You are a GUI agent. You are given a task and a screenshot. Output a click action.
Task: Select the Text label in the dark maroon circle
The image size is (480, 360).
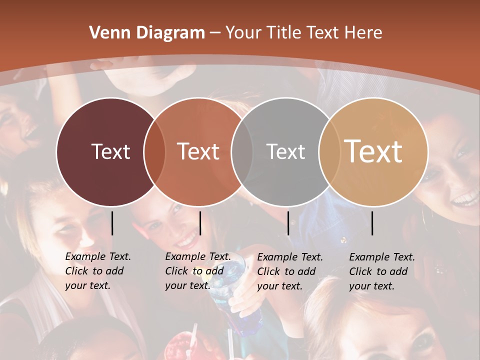[110, 151]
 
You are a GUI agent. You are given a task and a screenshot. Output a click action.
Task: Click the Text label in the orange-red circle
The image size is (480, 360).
[198, 151]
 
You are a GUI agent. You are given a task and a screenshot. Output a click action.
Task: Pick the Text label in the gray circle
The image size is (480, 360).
[285, 151]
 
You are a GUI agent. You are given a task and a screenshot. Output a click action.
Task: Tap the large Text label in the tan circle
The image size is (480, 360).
[373, 151]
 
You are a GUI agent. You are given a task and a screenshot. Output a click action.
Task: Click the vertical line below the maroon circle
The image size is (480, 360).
[112, 223]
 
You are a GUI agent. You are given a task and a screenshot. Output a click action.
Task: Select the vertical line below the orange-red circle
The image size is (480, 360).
[200, 223]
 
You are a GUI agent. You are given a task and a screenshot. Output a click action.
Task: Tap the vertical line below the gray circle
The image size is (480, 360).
[288, 223]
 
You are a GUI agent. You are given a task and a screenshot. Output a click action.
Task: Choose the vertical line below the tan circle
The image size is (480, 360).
[372, 223]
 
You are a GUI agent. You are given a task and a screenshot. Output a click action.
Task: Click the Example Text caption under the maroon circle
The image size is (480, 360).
[97, 271]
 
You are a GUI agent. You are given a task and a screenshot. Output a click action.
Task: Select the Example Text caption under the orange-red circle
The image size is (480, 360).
[197, 271]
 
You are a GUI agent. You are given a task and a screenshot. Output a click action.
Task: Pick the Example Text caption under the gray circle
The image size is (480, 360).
[289, 271]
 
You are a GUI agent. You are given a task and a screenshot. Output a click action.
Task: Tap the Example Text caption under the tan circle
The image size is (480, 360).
[381, 271]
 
